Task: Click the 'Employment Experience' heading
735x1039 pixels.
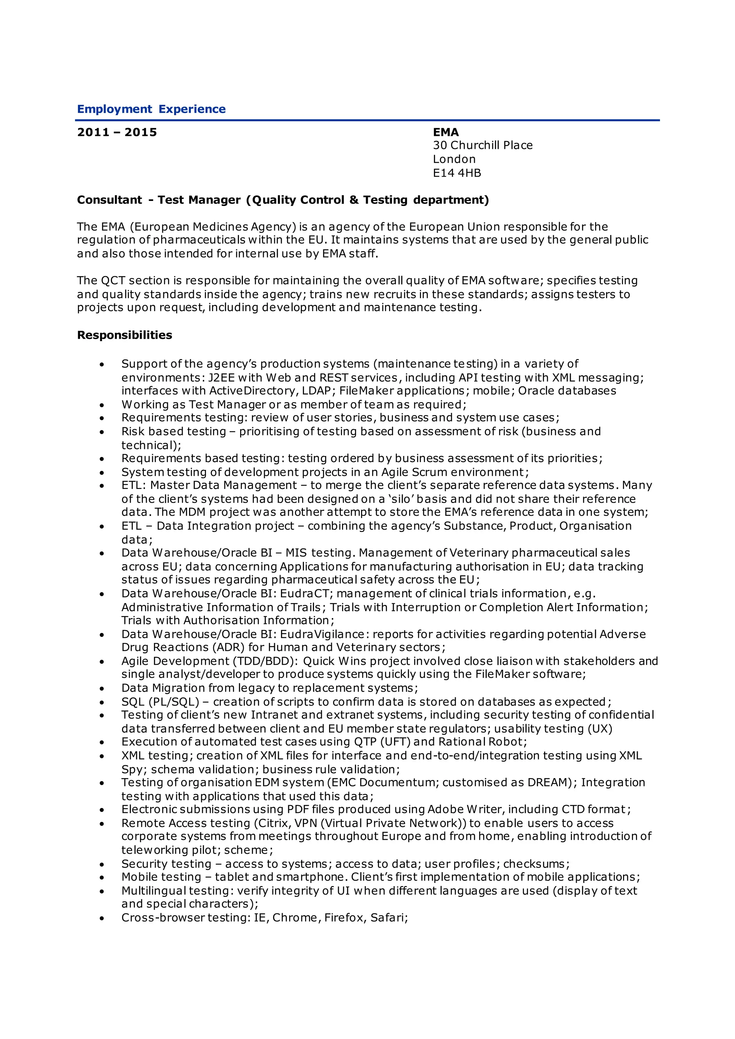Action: (151, 109)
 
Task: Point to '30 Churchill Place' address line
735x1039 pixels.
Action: (482, 145)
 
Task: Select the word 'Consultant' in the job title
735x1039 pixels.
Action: (109, 200)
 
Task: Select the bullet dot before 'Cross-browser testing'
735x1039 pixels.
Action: (102, 918)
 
